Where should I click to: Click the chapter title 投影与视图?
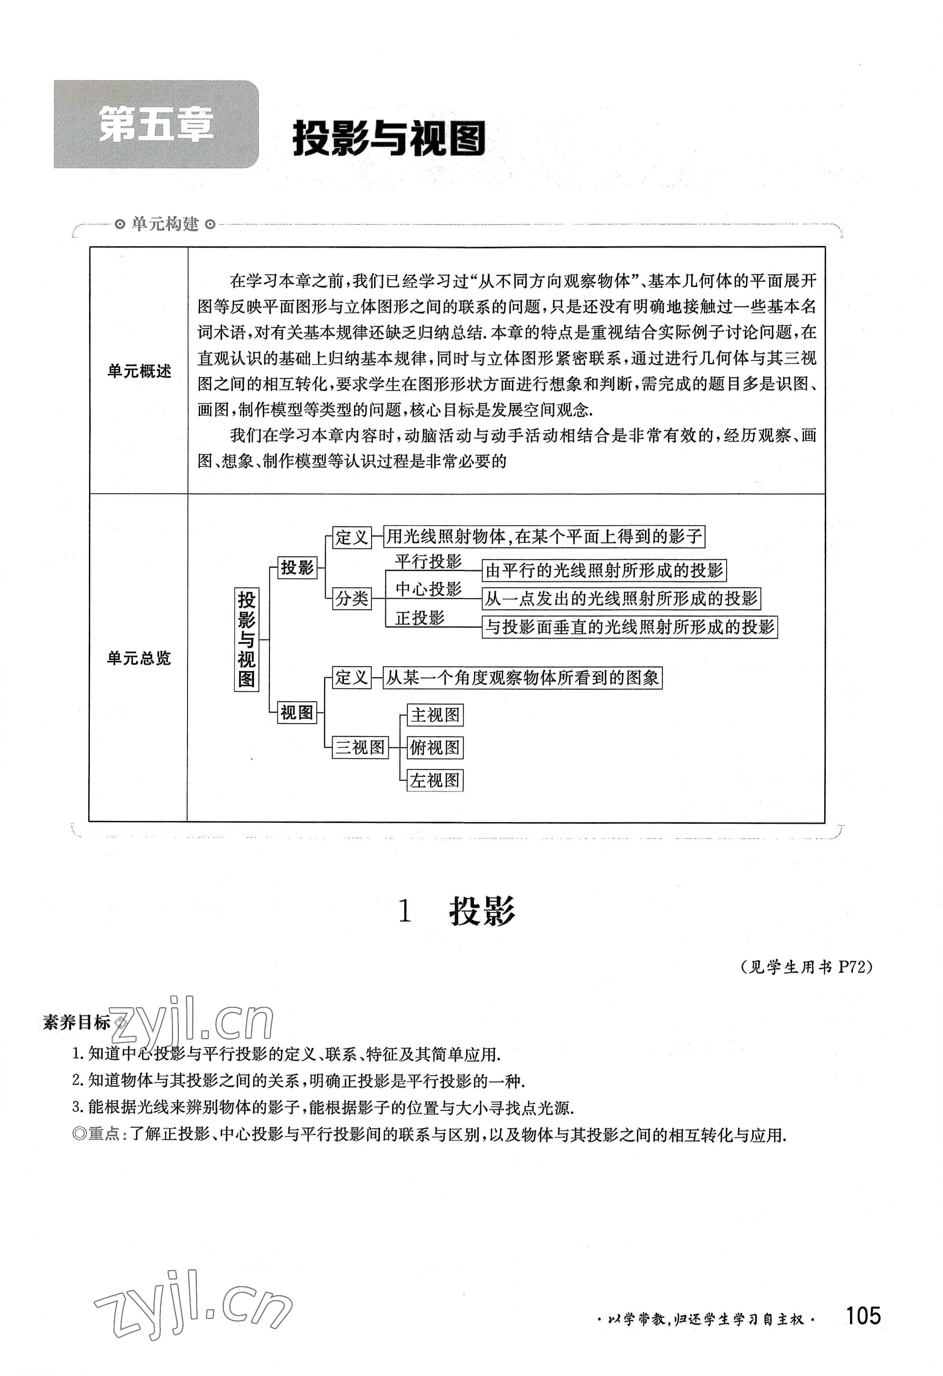(389, 139)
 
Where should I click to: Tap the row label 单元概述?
(139, 371)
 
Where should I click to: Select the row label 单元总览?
(139, 658)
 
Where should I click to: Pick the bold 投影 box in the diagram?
(297, 567)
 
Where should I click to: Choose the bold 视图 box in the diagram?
(297, 712)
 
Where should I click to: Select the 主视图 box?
(435, 715)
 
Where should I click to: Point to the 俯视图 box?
(435, 747)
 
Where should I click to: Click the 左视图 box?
(435, 780)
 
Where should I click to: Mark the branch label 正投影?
(419, 618)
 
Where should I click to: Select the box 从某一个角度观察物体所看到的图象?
(522, 677)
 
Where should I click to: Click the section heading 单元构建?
(165, 224)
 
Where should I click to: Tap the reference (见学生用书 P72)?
(806, 967)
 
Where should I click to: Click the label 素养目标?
(77, 1022)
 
